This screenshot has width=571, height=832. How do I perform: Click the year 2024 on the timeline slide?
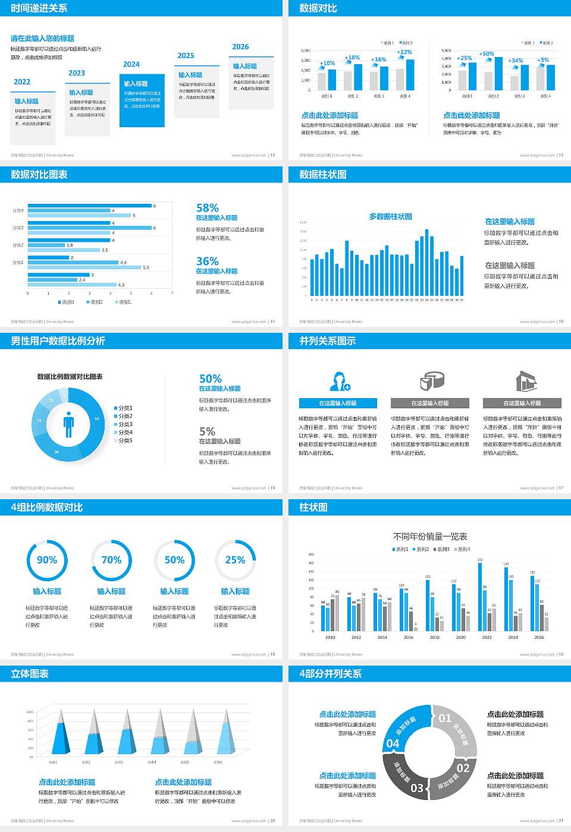[x=131, y=64]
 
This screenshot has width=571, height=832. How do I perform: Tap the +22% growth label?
[x=405, y=52]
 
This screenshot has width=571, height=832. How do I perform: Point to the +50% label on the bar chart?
[x=487, y=54]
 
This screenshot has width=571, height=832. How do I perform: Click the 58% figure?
[x=208, y=208]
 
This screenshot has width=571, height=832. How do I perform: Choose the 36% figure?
[x=208, y=261]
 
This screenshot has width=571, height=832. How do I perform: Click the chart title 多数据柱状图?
[x=390, y=217]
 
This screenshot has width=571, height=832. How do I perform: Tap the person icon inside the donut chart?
[x=68, y=424]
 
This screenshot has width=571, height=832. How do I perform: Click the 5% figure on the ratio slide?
[x=207, y=431]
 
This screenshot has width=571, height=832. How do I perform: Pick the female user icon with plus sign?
[x=339, y=381]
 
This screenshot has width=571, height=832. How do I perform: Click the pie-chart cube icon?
[x=432, y=380]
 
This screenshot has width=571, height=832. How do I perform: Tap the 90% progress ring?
[x=47, y=560]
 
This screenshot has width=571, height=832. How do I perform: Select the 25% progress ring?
[x=235, y=560]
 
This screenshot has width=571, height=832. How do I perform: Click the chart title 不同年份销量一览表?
[x=430, y=537]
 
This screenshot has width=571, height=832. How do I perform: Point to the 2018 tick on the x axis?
[x=435, y=637]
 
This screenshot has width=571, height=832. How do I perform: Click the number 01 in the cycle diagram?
[x=445, y=718]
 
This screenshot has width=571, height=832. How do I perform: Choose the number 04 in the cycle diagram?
[x=393, y=743]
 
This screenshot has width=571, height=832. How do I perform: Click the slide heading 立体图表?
[x=30, y=674]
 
